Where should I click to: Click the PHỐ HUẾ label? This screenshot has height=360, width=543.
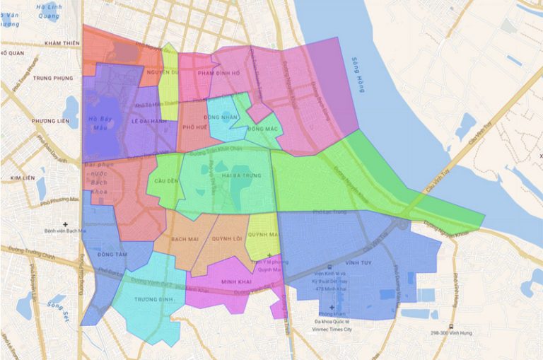(x=194, y=127)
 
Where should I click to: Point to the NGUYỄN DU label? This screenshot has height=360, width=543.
(x=160, y=73)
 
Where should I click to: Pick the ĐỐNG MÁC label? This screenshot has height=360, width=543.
(x=262, y=129)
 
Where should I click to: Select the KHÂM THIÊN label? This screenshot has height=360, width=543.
(x=62, y=43)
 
